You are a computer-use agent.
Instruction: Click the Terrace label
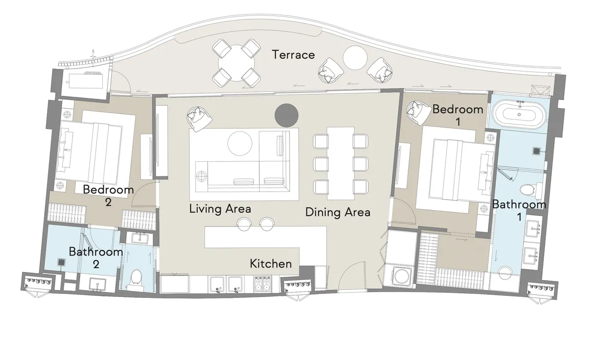coord(293,55)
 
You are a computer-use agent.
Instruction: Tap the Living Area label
coord(220,209)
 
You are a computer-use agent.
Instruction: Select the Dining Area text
coord(338,213)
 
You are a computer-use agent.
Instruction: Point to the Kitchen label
coord(270,263)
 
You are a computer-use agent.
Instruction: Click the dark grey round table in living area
coord(287,114)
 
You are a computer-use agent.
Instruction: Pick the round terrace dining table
coord(237,63)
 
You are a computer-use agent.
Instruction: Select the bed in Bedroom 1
coord(454,169)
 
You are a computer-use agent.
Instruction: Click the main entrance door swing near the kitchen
coord(353,276)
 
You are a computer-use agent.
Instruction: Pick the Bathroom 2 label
coord(96,257)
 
